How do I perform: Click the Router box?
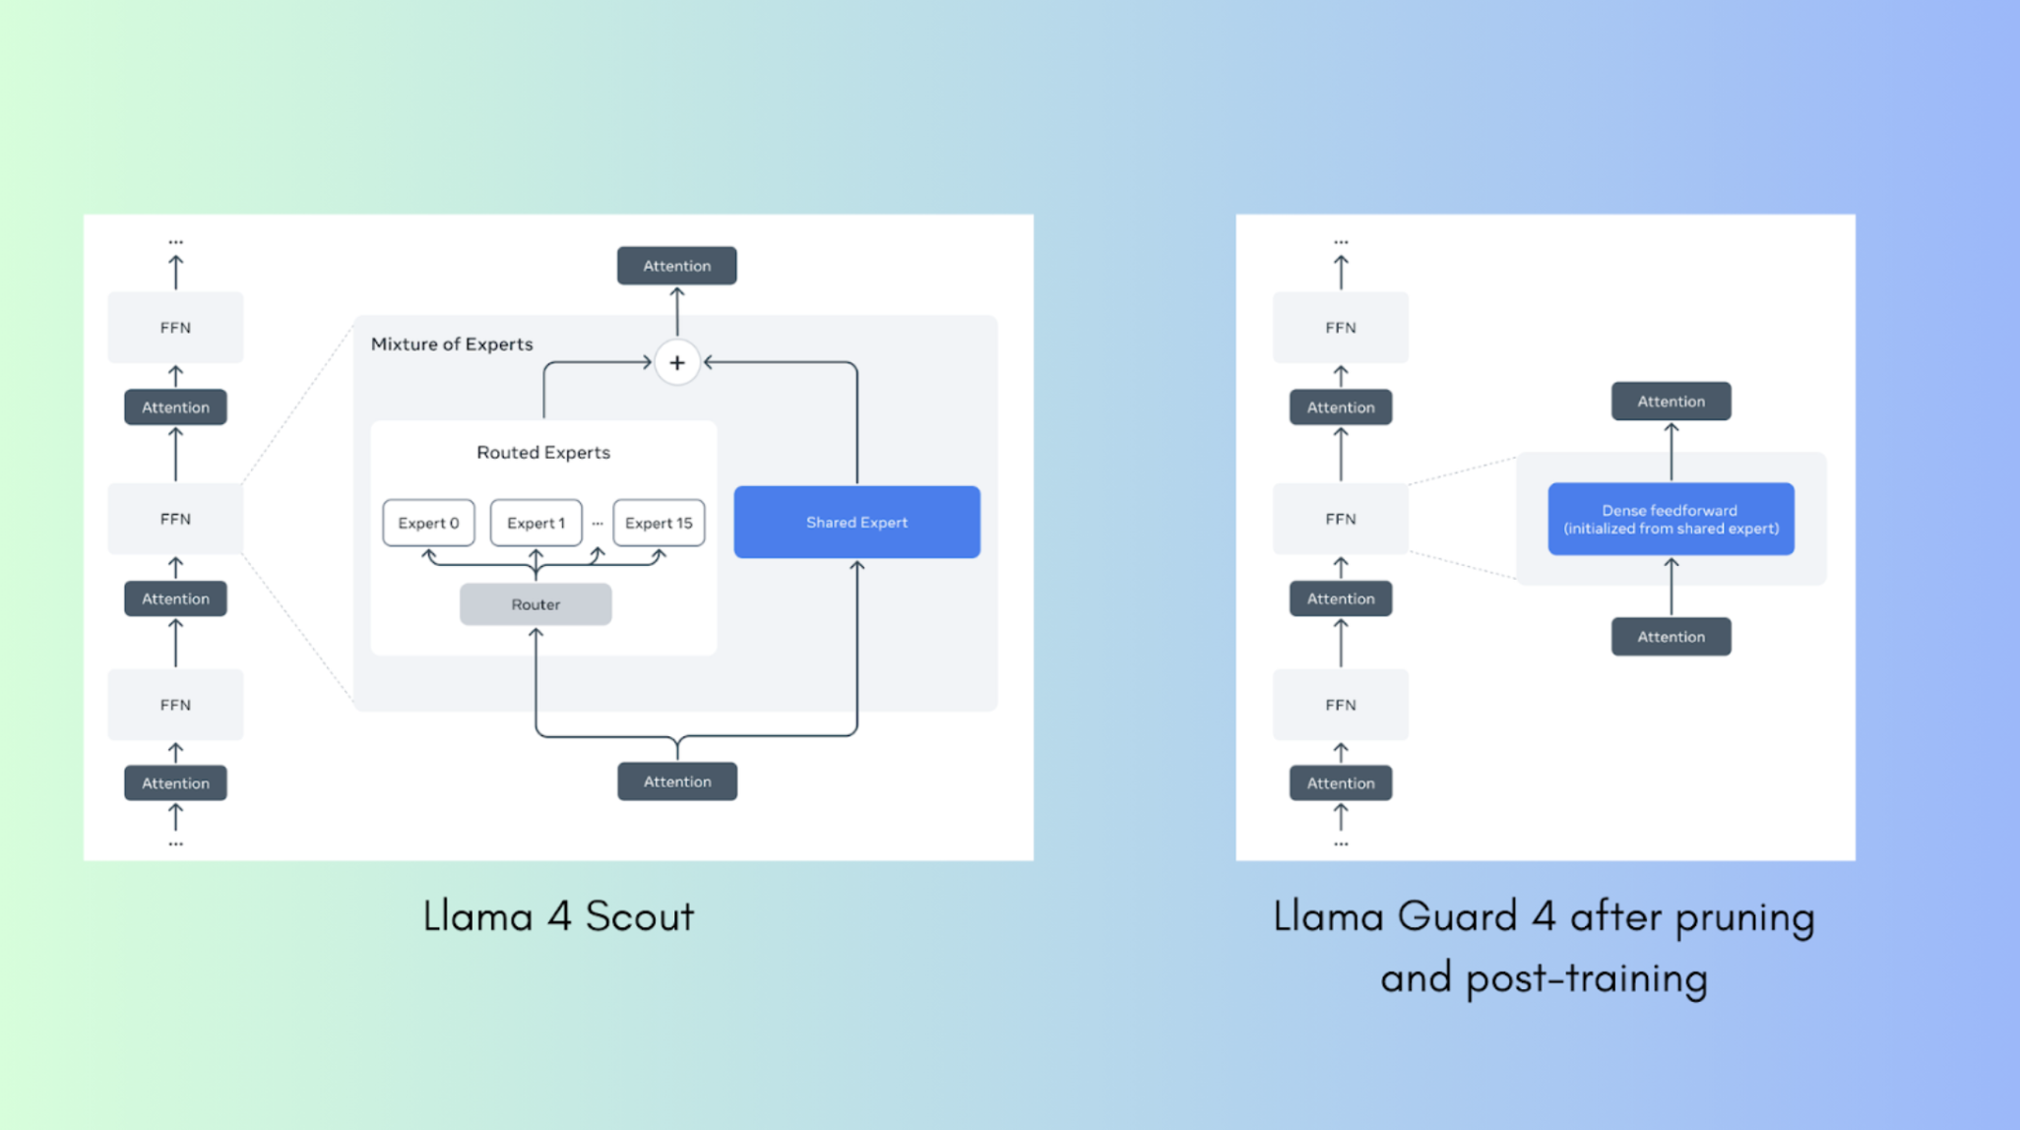pos(536,604)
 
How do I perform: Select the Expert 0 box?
pos(428,523)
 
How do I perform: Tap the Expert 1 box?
pos(536,523)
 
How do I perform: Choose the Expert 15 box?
pos(659,523)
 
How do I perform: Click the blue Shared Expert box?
pos(856,522)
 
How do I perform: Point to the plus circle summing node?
pos(677,363)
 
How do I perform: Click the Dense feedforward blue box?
pos(1671,519)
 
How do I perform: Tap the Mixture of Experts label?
pos(452,344)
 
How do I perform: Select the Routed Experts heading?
pos(543,452)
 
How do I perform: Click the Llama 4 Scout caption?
pos(558,916)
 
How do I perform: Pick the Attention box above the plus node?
pos(677,266)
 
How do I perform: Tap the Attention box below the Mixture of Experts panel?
pos(677,782)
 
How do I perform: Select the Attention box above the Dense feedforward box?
pos(1671,402)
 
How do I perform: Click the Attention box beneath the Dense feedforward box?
pos(1671,637)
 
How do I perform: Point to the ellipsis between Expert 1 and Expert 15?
pos(598,524)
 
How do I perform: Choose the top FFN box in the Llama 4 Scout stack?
pos(175,328)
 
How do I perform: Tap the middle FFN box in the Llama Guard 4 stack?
pos(1340,519)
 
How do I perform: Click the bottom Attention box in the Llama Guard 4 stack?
pos(1340,784)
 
